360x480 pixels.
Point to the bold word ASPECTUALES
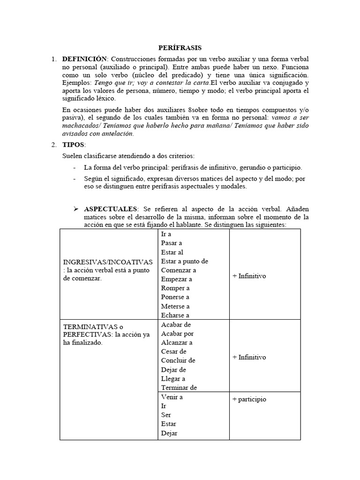pyautogui.click(x=111, y=208)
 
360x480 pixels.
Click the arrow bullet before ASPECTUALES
pyautogui.click(x=75, y=208)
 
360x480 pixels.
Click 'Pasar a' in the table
pyautogui.click(x=171, y=243)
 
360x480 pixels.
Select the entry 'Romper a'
pyautogui.click(x=175, y=288)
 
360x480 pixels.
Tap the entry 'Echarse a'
pyautogui.click(x=176, y=315)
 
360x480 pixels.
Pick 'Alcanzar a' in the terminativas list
pyautogui.click(x=176, y=342)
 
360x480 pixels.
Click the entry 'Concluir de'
pyautogui.click(x=178, y=360)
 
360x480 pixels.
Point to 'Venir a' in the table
pyautogui.click(x=172, y=397)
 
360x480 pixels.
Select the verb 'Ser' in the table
pyautogui.click(x=165, y=415)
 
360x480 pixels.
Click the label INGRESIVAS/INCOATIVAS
pyautogui.click(x=108, y=261)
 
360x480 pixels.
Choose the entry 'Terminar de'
pyautogui.click(x=179, y=387)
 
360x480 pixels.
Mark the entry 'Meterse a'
pyautogui.click(x=175, y=306)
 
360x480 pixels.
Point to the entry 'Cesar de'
pyautogui.click(x=173, y=351)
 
